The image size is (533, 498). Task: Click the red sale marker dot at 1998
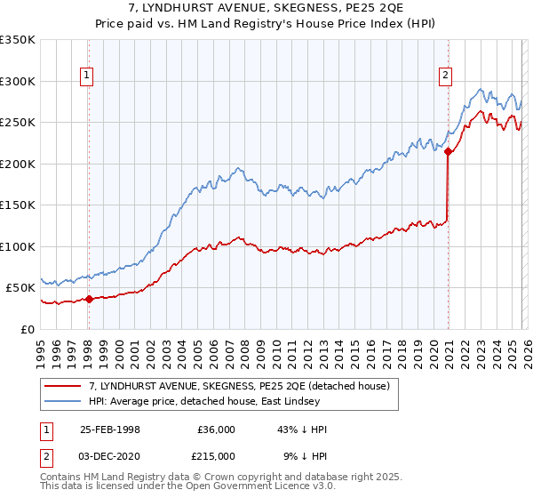click(x=89, y=299)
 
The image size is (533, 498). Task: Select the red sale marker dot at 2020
click(x=449, y=152)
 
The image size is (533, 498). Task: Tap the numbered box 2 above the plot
click(x=444, y=76)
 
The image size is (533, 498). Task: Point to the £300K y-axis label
click(x=18, y=81)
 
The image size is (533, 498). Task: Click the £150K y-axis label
click(x=18, y=205)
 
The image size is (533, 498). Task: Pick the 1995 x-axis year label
click(x=41, y=351)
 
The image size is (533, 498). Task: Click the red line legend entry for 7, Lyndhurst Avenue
click(x=245, y=386)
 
